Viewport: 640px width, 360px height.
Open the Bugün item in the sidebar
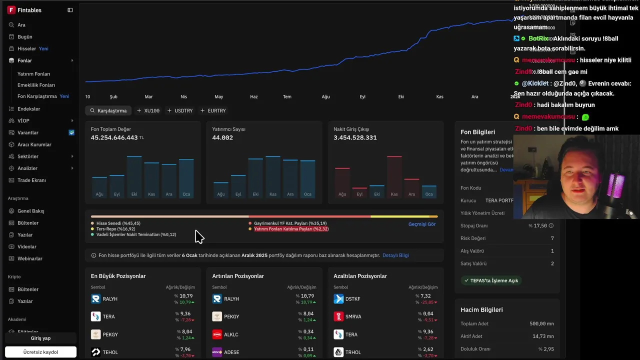click(24, 37)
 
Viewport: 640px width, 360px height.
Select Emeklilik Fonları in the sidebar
click(36, 85)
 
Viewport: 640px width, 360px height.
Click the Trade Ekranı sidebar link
click(31, 180)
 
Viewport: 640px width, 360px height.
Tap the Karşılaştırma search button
click(108, 110)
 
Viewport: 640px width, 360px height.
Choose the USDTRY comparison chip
click(180, 110)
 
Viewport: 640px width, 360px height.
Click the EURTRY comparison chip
click(213, 110)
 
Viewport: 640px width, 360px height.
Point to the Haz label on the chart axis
click(254, 96)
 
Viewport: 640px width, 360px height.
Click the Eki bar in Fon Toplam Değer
click(134, 175)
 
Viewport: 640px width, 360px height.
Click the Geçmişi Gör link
click(422, 224)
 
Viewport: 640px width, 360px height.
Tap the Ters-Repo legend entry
click(115, 229)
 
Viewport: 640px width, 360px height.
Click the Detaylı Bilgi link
click(395, 255)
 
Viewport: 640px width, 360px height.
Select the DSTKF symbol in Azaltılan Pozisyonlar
click(352, 299)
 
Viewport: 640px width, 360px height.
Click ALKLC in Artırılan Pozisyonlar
click(231, 334)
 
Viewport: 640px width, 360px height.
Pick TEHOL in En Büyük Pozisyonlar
click(110, 352)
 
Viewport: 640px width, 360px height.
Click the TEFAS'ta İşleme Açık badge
click(491, 280)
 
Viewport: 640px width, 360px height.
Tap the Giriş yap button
click(40, 338)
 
